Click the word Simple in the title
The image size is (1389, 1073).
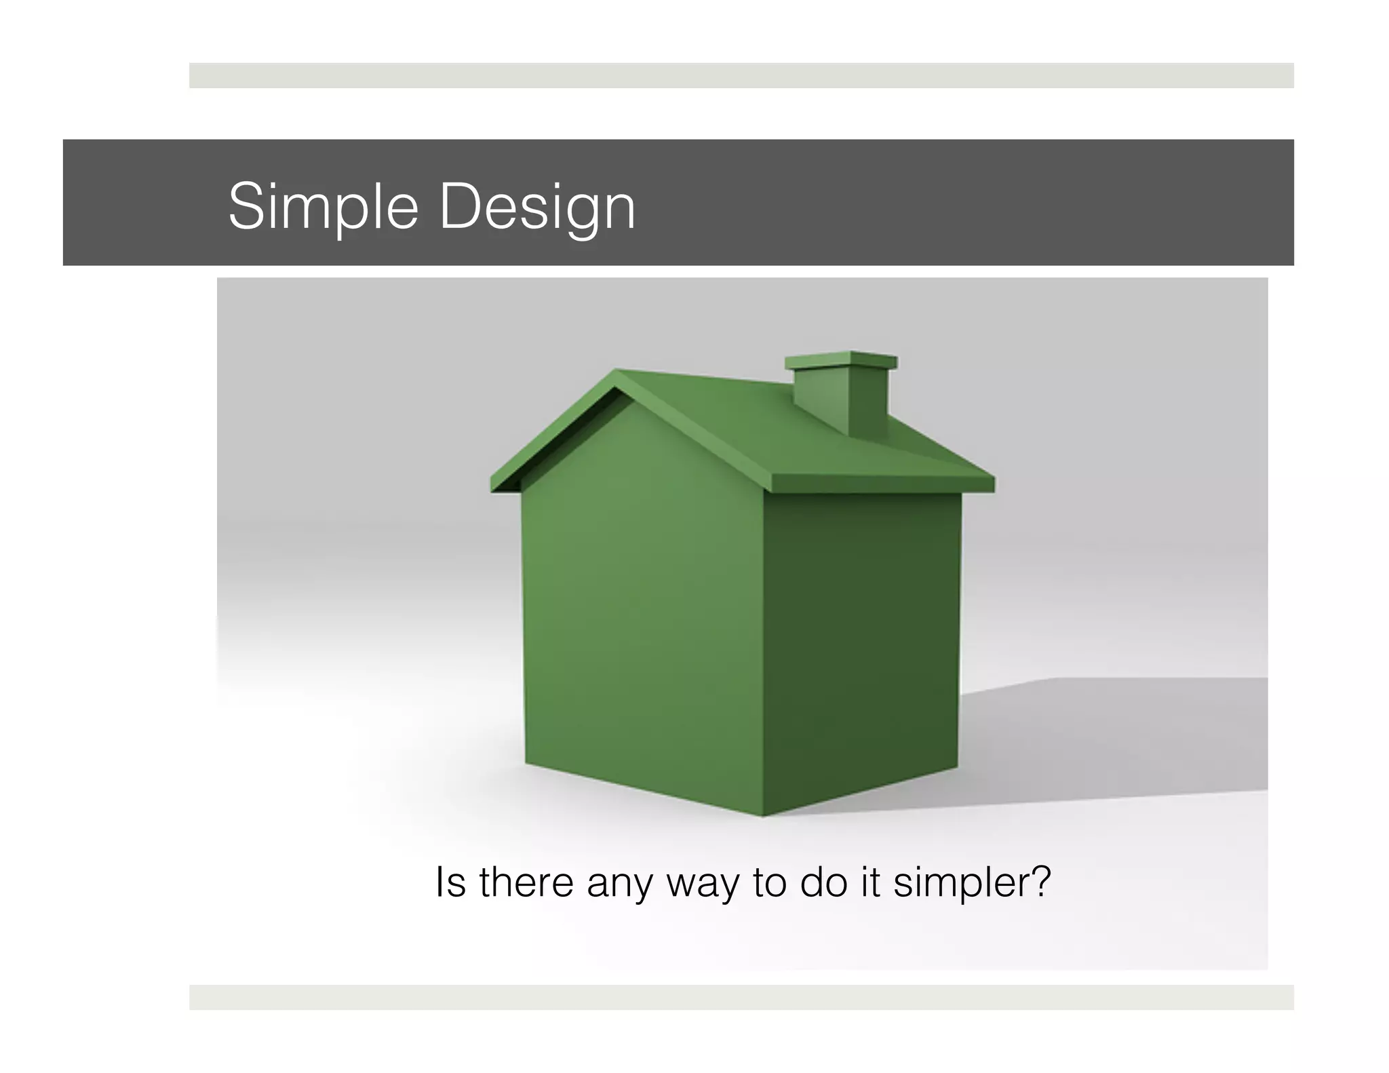323,206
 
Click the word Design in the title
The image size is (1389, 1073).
537,206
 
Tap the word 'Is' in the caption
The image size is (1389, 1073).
450,882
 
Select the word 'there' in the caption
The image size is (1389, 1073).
526,882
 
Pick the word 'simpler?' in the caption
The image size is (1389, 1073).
972,883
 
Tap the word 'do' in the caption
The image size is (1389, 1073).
823,882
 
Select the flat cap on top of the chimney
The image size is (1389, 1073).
841,361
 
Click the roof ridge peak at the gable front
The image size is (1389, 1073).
618,373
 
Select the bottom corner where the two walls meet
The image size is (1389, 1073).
763,815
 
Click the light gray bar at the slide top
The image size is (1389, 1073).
741,75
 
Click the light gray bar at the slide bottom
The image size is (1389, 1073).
741,997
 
